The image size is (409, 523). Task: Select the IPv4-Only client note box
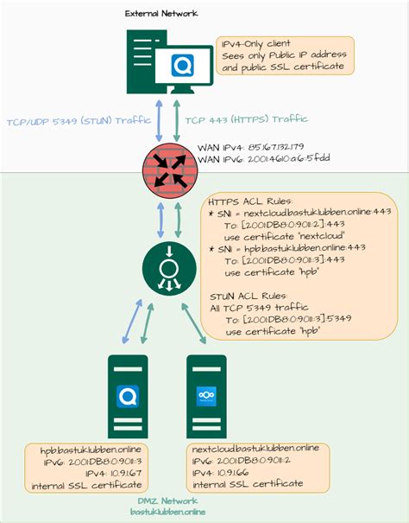(x=284, y=54)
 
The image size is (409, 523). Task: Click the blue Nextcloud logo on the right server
(x=206, y=395)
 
